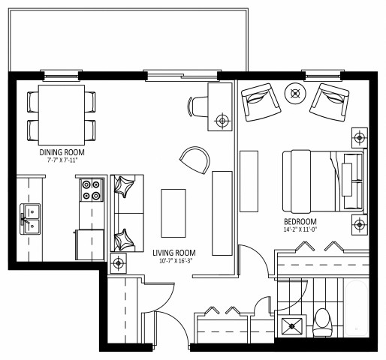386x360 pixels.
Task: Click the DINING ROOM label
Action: click(62, 151)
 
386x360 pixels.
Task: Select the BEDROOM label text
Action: click(300, 222)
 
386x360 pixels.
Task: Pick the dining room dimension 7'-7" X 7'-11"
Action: click(62, 160)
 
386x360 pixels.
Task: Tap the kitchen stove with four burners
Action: click(91, 190)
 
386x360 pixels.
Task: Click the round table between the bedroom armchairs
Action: click(295, 94)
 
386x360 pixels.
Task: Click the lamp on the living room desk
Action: click(222, 120)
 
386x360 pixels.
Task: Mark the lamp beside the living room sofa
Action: click(119, 263)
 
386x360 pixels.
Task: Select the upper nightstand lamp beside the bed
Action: click(360, 138)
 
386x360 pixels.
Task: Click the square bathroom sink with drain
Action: click(291, 325)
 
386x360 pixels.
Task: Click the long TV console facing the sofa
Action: click(222, 212)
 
